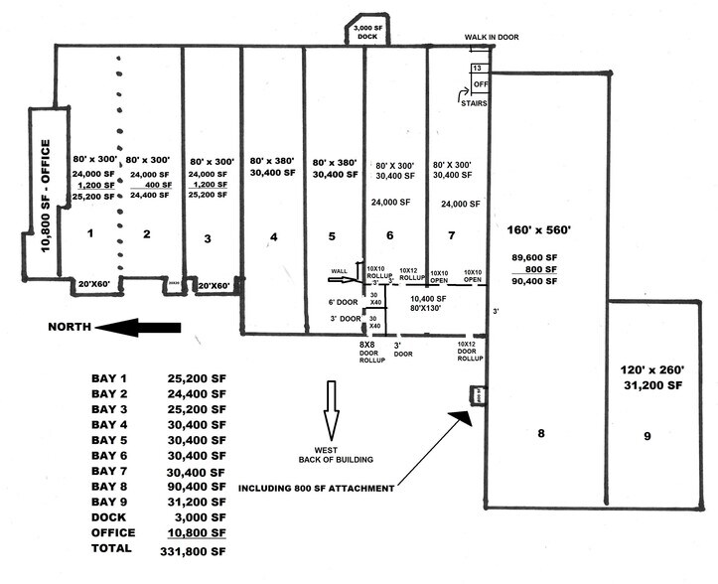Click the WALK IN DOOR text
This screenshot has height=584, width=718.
click(492, 37)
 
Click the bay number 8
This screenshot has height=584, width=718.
click(541, 433)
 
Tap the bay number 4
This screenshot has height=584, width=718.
click(272, 237)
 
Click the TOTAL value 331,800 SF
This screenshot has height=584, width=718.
click(198, 548)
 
